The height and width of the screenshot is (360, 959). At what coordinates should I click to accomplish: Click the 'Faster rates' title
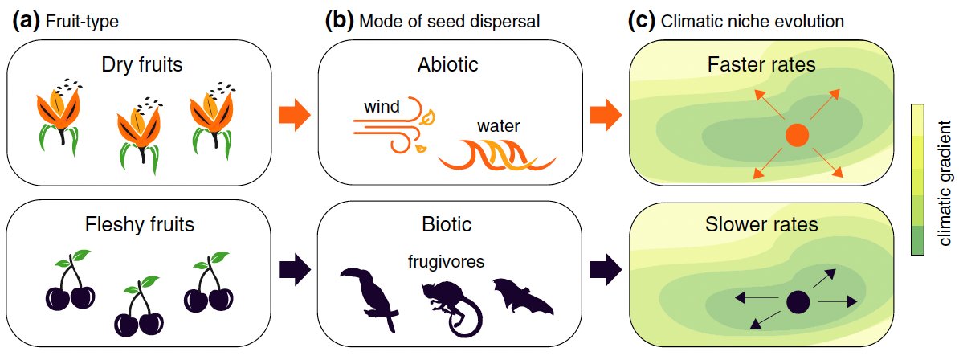pyautogui.click(x=761, y=64)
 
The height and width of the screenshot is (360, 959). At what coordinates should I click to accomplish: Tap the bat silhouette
pyautogui.click(x=522, y=297)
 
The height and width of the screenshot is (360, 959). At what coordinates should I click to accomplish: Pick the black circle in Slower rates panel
pyautogui.click(x=797, y=302)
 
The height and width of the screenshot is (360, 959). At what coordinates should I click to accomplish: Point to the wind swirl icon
pyautogui.click(x=394, y=124)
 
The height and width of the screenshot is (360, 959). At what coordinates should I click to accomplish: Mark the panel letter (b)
pyautogui.click(x=339, y=22)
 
